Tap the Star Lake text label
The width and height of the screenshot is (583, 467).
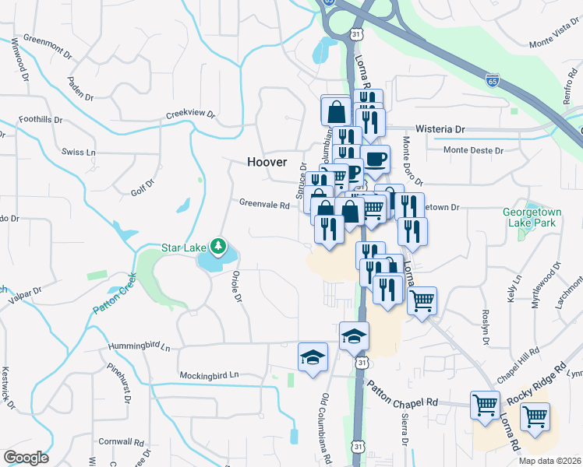pyautogui.click(x=183, y=248)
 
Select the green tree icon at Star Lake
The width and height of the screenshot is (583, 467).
pyautogui.click(x=219, y=248)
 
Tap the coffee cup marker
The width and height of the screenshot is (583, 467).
pyautogui.click(x=376, y=160)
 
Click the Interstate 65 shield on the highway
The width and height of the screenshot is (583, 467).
pyautogui.click(x=491, y=80)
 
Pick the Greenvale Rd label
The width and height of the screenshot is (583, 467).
pyautogui.click(x=264, y=205)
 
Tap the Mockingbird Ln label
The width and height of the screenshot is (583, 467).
pyautogui.click(x=208, y=375)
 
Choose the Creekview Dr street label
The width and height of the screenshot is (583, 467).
pyautogui.click(x=189, y=114)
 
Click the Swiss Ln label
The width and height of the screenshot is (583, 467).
pyautogui.click(x=79, y=152)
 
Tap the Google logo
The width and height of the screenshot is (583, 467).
pyautogui.click(x=26, y=457)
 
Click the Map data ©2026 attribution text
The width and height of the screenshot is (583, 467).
pyautogui.click(x=550, y=461)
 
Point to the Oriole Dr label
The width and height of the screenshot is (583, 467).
pyautogui.click(x=235, y=288)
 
